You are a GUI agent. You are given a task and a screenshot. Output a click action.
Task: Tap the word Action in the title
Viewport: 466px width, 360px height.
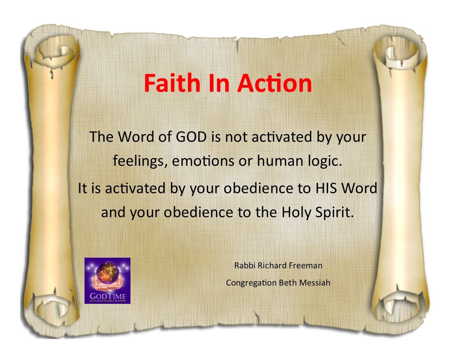275,83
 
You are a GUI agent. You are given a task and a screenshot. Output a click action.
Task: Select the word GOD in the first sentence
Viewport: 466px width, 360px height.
191,137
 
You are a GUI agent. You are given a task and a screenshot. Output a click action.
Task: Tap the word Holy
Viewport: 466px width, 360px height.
296,212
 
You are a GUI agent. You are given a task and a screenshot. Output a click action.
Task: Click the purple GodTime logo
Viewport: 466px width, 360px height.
107,281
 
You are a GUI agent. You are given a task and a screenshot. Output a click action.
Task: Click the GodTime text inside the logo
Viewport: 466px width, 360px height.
107,296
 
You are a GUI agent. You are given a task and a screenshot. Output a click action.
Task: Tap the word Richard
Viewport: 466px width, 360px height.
272,266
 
